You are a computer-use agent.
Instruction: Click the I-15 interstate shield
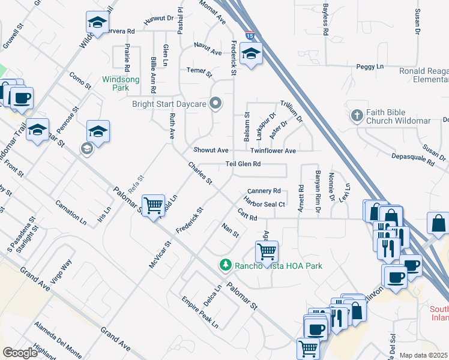(249, 36)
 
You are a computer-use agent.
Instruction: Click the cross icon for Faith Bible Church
(357, 114)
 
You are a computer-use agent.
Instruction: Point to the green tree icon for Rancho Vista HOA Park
(225, 265)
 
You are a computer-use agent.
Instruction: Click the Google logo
(20, 353)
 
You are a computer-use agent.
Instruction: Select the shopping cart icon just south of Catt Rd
(266, 250)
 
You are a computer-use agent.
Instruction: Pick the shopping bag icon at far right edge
(438, 223)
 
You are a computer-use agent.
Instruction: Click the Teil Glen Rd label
(243, 164)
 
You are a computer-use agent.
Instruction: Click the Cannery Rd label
(264, 191)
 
